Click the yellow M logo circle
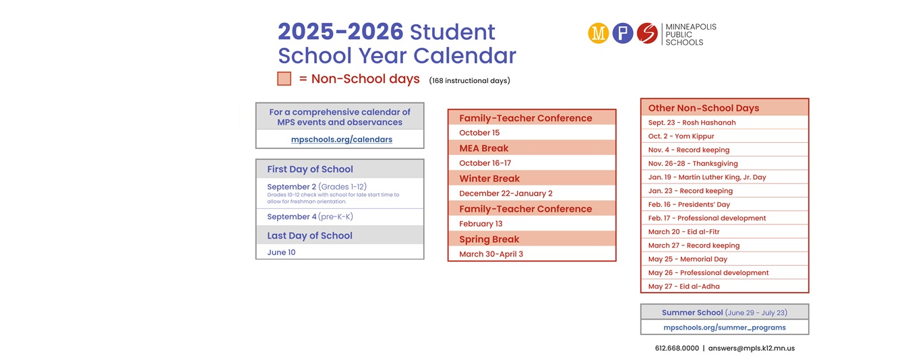(x=598, y=33)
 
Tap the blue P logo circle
(x=623, y=33)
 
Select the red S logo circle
(x=647, y=33)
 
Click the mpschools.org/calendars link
(x=342, y=140)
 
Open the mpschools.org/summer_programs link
(x=725, y=328)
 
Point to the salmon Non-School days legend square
(x=284, y=79)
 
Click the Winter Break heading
(x=489, y=179)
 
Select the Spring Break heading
(x=489, y=239)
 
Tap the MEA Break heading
(x=484, y=148)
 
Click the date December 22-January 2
(x=506, y=193)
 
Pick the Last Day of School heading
(x=309, y=235)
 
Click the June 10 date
(x=281, y=252)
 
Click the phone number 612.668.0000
(x=677, y=348)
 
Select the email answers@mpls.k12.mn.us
(x=751, y=348)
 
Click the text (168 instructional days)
(x=469, y=81)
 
